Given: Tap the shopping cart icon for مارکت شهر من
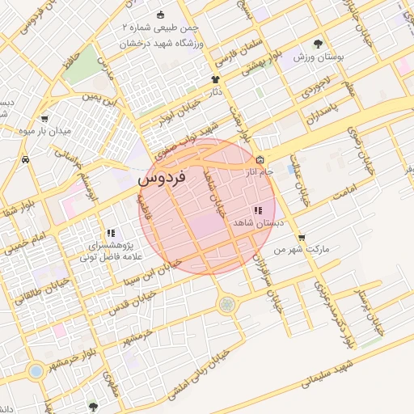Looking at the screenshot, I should [302, 238].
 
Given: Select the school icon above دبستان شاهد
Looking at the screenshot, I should [257, 210].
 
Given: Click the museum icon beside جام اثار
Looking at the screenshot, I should [260, 160].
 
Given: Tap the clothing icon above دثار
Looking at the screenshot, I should [215, 79].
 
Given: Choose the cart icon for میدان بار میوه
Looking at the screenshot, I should [45, 118].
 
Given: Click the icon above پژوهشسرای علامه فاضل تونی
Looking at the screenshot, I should [111, 233].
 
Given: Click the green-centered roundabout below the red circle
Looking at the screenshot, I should [227, 304].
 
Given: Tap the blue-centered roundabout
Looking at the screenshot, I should [35, 371].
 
